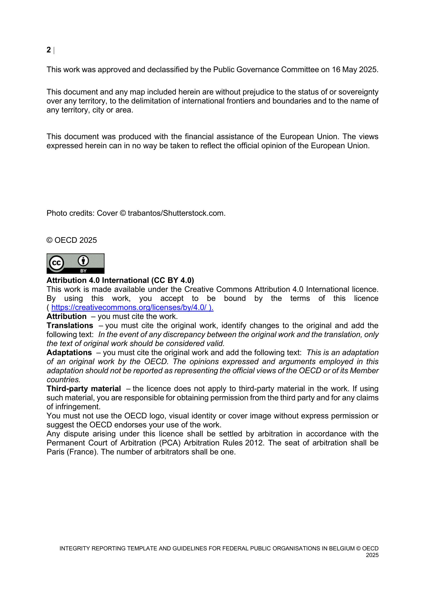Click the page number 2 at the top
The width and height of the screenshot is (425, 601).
(49, 50)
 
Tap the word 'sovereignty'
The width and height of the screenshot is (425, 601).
(358, 92)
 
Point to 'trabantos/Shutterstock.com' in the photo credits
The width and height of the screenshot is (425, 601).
(176, 213)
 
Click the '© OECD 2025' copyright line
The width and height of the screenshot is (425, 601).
(72, 240)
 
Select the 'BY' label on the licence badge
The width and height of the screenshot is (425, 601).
(83, 271)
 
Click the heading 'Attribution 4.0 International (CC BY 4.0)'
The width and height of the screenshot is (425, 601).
(120, 280)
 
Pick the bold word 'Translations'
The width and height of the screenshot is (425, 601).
(70, 325)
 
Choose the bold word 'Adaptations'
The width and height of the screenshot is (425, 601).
(69, 353)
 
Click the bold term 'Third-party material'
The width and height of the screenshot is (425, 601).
(83, 389)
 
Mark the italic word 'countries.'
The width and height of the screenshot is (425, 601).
(63, 380)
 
